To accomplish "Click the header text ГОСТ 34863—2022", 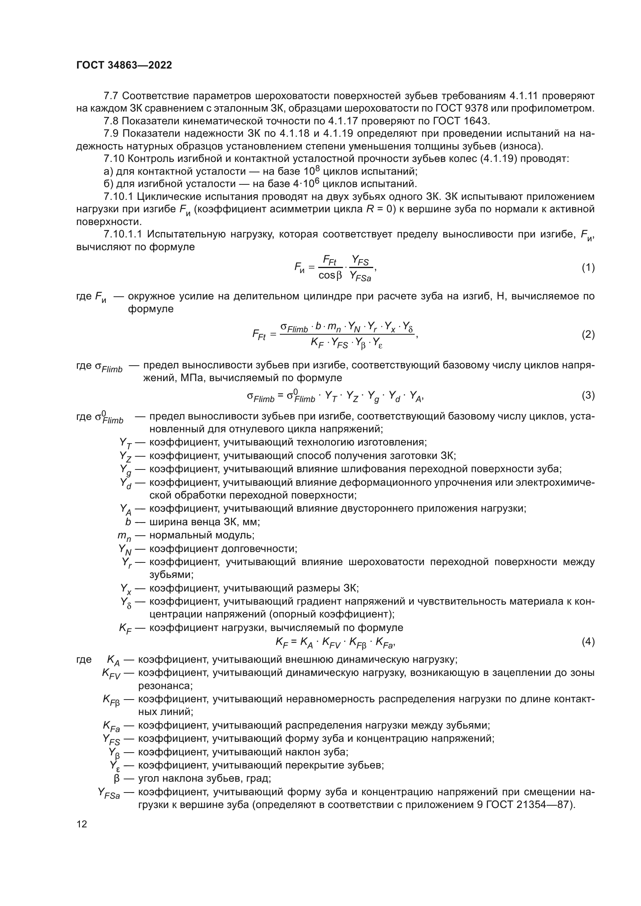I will coord(124,65).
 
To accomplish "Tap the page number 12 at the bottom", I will coord(82,824).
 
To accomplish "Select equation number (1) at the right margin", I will coord(588,268).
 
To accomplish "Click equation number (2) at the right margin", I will coord(588,335).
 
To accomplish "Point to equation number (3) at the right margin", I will coord(588,395).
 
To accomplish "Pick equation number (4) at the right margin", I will coord(588,642).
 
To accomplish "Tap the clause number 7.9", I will coord(111,134).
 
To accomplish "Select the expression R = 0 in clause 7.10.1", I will coord(381,209).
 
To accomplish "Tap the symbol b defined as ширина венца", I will coord(128,522).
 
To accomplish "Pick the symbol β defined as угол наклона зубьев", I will coord(116,779).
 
